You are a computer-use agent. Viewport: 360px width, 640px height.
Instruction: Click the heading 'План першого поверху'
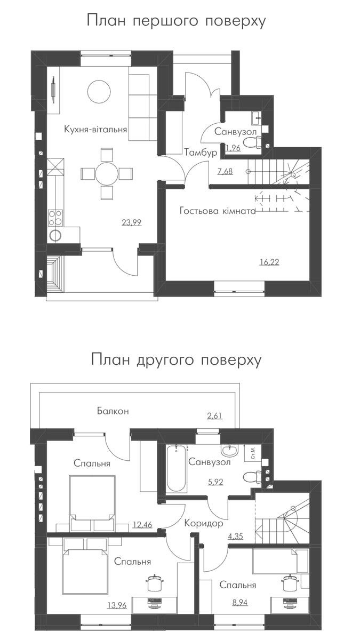tap(177, 21)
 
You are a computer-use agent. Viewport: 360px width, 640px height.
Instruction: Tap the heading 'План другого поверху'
tap(177, 359)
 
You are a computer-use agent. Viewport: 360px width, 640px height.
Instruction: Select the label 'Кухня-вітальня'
tap(95, 130)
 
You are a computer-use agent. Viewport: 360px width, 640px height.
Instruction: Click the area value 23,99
tap(131, 222)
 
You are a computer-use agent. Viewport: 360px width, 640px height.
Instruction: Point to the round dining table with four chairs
tap(107, 174)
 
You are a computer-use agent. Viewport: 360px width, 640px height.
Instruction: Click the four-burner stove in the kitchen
tap(55, 218)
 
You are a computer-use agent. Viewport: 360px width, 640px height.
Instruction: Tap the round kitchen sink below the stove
tap(55, 235)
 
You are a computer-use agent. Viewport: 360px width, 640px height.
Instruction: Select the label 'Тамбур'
tap(201, 153)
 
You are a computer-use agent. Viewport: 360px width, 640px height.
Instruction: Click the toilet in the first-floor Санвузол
tap(253, 141)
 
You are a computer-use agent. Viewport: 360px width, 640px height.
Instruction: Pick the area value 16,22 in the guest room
tap(269, 262)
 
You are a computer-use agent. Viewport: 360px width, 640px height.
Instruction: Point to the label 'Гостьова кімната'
tap(218, 211)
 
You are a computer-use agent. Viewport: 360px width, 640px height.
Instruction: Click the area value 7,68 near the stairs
tap(225, 171)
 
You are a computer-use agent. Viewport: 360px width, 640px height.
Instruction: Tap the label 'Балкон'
tap(113, 411)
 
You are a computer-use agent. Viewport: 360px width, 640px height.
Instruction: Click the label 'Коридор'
tap(203, 523)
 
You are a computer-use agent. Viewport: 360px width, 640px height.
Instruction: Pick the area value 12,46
tap(142, 525)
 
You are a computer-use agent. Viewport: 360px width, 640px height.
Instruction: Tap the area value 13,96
tap(117, 605)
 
